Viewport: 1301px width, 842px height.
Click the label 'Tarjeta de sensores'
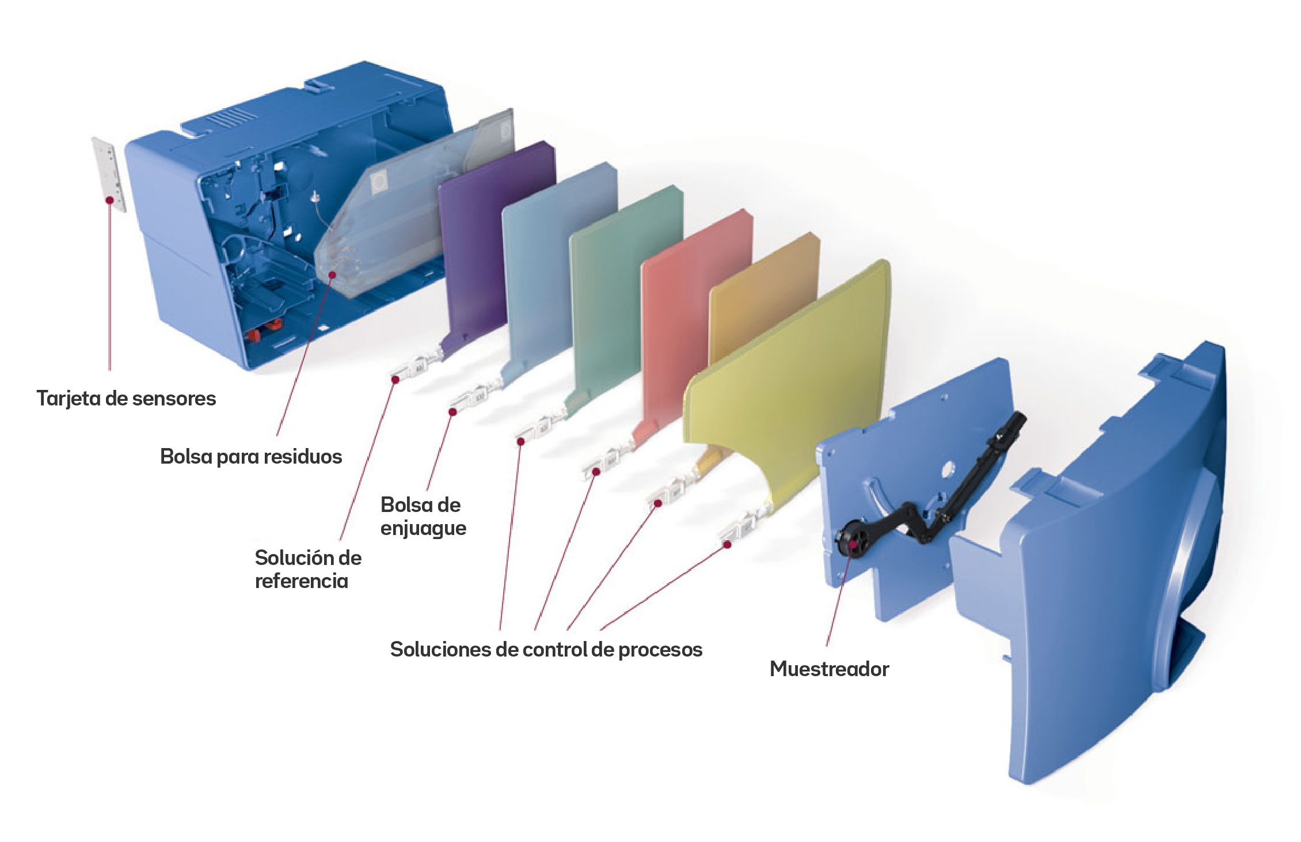126,399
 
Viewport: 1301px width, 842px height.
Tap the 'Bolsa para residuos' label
251,457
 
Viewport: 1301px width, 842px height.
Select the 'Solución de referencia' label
308,569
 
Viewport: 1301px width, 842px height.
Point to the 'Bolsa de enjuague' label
423,517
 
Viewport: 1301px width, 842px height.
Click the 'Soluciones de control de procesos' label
546,650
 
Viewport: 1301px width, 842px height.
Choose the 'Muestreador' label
829,669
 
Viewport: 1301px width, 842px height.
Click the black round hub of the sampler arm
851,540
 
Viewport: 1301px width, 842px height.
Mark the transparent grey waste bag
391,225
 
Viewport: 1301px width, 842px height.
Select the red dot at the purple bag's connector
395,379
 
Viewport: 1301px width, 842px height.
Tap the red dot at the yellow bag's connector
728,544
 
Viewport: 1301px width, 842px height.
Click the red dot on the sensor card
109,200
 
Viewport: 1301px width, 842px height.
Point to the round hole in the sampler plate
947,471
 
